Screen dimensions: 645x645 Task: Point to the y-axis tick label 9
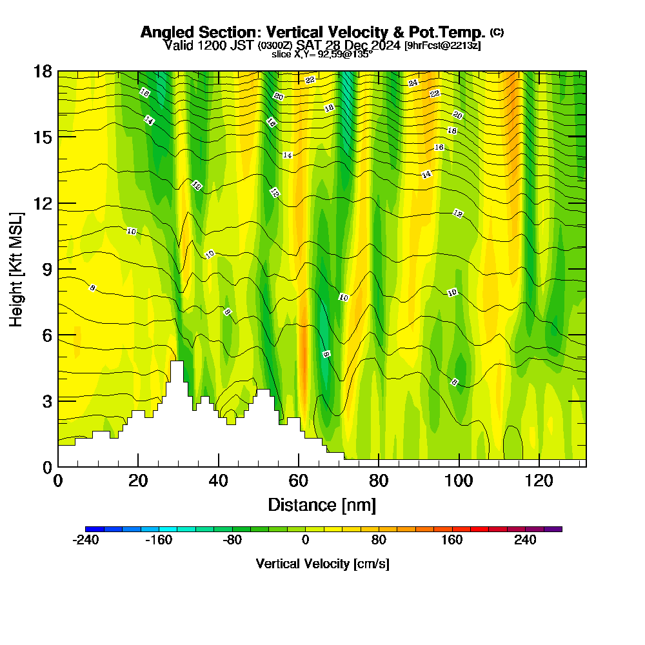46,269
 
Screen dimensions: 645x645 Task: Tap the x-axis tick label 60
299,481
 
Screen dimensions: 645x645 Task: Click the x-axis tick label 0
58,481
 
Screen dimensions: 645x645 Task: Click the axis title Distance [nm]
322,504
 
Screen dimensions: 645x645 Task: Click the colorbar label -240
86,540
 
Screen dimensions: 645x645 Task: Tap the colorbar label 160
451,540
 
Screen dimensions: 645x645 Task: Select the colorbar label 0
305,540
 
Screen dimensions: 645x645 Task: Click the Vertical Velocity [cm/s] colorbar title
322,564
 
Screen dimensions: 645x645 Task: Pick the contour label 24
413,83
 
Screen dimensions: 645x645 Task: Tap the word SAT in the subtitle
311,46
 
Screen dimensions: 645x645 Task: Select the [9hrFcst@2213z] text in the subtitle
442,46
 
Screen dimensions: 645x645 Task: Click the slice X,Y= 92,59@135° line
322,55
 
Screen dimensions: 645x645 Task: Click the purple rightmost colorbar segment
553,529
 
